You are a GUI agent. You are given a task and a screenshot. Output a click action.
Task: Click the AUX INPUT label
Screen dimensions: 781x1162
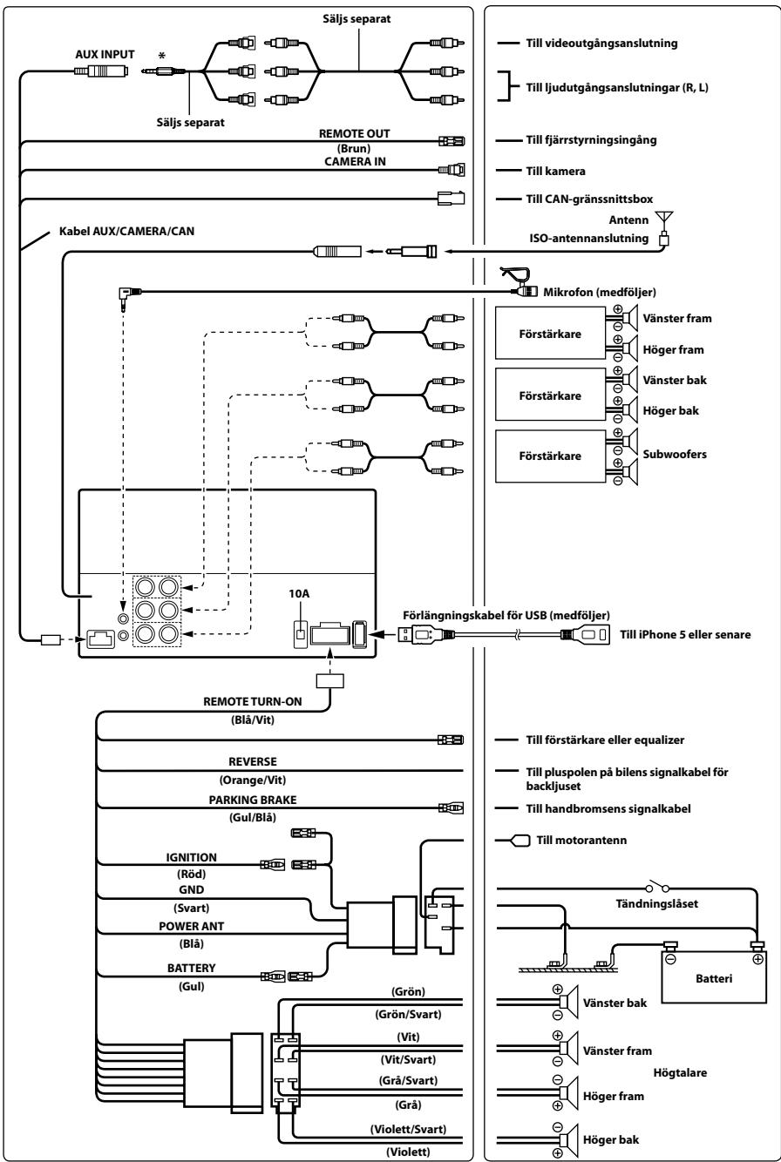[x=105, y=55]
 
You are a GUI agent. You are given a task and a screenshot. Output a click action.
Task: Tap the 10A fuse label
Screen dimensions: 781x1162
[x=299, y=593]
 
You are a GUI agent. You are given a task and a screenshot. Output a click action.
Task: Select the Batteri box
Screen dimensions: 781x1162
[x=714, y=978]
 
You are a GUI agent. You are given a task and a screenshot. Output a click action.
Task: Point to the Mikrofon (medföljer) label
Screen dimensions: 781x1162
[x=600, y=292]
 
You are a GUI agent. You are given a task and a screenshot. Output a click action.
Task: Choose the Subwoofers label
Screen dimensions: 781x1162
[x=675, y=454]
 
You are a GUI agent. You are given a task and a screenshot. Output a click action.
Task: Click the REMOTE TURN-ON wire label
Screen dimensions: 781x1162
[x=252, y=701]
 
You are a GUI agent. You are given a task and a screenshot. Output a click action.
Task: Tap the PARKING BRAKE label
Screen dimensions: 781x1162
[x=253, y=800]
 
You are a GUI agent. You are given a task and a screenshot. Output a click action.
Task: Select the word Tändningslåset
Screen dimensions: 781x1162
[x=656, y=903]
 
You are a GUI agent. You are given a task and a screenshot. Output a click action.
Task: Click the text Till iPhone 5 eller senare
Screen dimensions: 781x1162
[x=685, y=634]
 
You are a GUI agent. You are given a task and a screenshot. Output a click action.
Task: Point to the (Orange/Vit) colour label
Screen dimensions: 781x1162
[x=252, y=780]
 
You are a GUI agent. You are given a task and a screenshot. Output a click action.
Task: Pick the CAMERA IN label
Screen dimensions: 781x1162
[x=355, y=162]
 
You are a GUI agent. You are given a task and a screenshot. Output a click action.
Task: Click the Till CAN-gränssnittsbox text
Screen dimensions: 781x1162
[x=589, y=199]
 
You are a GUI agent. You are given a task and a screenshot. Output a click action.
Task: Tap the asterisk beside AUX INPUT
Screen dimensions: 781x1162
[x=162, y=56]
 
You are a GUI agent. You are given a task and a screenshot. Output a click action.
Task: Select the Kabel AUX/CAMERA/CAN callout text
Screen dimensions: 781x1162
[x=126, y=232]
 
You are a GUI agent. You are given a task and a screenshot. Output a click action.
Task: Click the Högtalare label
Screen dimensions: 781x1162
[x=680, y=1072]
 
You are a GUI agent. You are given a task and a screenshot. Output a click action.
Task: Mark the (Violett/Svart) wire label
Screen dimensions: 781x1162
[x=408, y=1129]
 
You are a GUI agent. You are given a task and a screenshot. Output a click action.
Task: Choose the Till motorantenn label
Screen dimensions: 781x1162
[x=581, y=840]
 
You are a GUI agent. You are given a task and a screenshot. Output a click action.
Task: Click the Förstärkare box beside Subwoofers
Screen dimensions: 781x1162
[x=550, y=456]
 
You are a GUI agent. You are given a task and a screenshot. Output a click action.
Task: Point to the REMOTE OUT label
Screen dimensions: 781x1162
[x=354, y=134]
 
